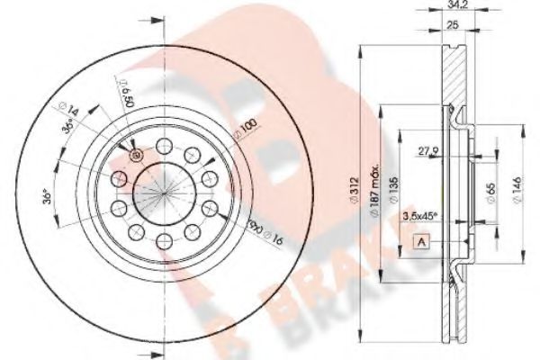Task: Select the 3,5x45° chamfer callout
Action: pos(419,216)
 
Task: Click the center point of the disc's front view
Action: pos(164,193)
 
